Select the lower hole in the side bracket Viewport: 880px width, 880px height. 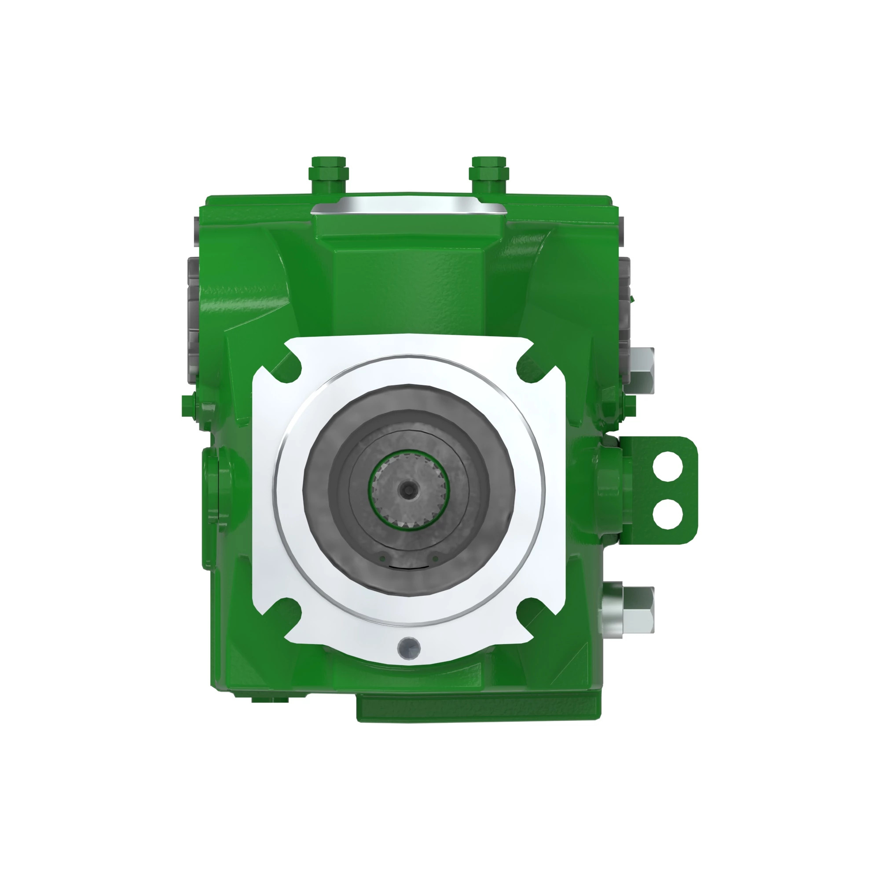click(x=667, y=514)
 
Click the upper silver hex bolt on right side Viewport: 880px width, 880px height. click(x=642, y=370)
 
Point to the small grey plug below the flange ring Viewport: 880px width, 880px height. click(x=408, y=648)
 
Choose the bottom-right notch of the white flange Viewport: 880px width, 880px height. click(x=531, y=612)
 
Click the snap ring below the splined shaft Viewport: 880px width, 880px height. click(x=409, y=566)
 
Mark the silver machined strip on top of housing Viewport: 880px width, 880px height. click(x=409, y=205)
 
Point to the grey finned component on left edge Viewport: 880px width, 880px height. click(x=193, y=314)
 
